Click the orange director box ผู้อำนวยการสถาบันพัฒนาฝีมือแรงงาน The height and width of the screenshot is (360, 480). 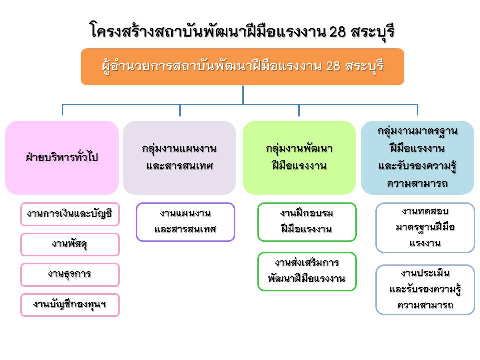[x=242, y=66]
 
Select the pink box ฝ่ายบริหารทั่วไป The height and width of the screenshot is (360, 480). [x=62, y=157]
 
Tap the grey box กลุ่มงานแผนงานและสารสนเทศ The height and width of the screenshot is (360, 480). [x=179, y=157]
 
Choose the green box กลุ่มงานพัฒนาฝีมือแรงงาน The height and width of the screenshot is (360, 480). [x=299, y=157]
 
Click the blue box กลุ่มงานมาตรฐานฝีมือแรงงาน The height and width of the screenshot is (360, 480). [x=418, y=157]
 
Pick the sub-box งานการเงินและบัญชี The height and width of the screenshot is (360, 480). [x=70, y=214]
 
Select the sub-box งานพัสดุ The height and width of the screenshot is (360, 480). [x=70, y=244]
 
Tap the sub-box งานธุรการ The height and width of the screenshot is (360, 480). [x=70, y=274]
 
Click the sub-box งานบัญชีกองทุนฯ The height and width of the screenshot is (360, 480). [x=70, y=305]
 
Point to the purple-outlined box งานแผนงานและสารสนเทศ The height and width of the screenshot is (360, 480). [x=186, y=222]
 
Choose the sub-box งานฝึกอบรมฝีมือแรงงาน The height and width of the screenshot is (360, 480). [x=307, y=222]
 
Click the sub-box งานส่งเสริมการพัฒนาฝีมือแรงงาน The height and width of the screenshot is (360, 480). [x=307, y=271]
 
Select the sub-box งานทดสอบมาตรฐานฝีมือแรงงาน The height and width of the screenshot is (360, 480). [x=425, y=228]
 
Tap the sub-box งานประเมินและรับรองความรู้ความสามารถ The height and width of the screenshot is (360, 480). [x=425, y=290]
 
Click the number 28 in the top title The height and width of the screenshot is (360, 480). [x=337, y=32]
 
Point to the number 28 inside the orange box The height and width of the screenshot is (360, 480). [x=333, y=66]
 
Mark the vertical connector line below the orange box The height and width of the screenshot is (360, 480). [x=243, y=95]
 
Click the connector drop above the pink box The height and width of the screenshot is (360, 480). [x=63, y=110]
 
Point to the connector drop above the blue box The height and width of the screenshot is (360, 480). [x=417, y=110]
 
